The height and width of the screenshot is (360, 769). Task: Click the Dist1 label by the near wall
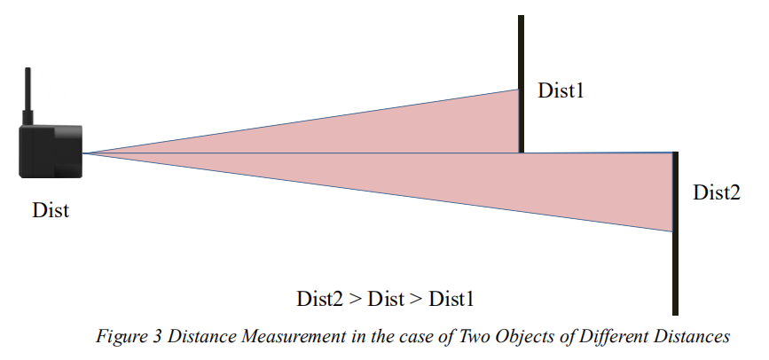point(561,90)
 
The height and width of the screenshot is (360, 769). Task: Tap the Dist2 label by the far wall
point(716,192)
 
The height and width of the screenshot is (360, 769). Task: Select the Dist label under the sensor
point(51,211)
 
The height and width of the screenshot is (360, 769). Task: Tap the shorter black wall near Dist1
point(522,84)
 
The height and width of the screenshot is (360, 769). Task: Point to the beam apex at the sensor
point(86,153)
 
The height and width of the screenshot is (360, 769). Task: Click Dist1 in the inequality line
point(451,298)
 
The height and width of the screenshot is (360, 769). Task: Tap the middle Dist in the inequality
point(384,298)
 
